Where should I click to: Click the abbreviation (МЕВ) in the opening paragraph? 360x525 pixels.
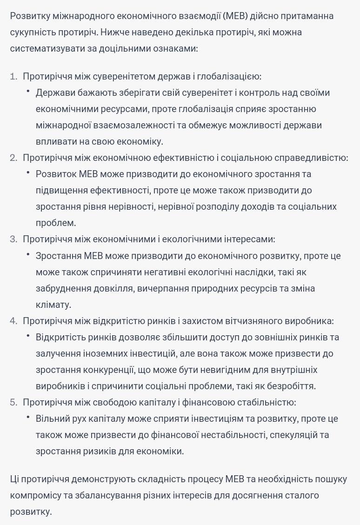pos(235,16)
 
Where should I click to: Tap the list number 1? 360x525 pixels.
pos(13,76)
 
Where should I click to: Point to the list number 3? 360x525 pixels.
pos(13,239)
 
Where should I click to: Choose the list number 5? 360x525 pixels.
pos(13,402)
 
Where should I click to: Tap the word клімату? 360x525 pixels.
pos(53,305)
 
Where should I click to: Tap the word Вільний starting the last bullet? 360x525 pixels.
pos(53,419)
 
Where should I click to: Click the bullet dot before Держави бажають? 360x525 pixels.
pos(28,92)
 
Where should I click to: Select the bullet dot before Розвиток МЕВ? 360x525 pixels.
pos(28,173)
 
